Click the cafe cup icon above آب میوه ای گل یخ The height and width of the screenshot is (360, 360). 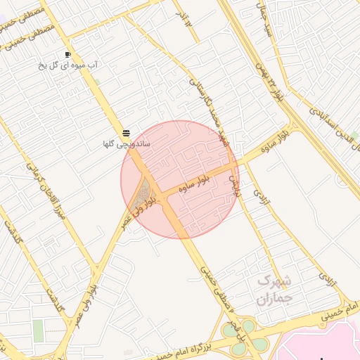click(67, 54)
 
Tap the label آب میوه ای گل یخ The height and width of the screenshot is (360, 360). click(71, 65)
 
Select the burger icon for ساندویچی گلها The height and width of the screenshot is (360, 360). click(126, 133)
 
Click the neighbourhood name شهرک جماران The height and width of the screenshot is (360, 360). click(273, 289)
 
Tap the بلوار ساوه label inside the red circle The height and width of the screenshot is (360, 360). click(194, 184)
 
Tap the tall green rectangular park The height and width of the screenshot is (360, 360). click(38, 330)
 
